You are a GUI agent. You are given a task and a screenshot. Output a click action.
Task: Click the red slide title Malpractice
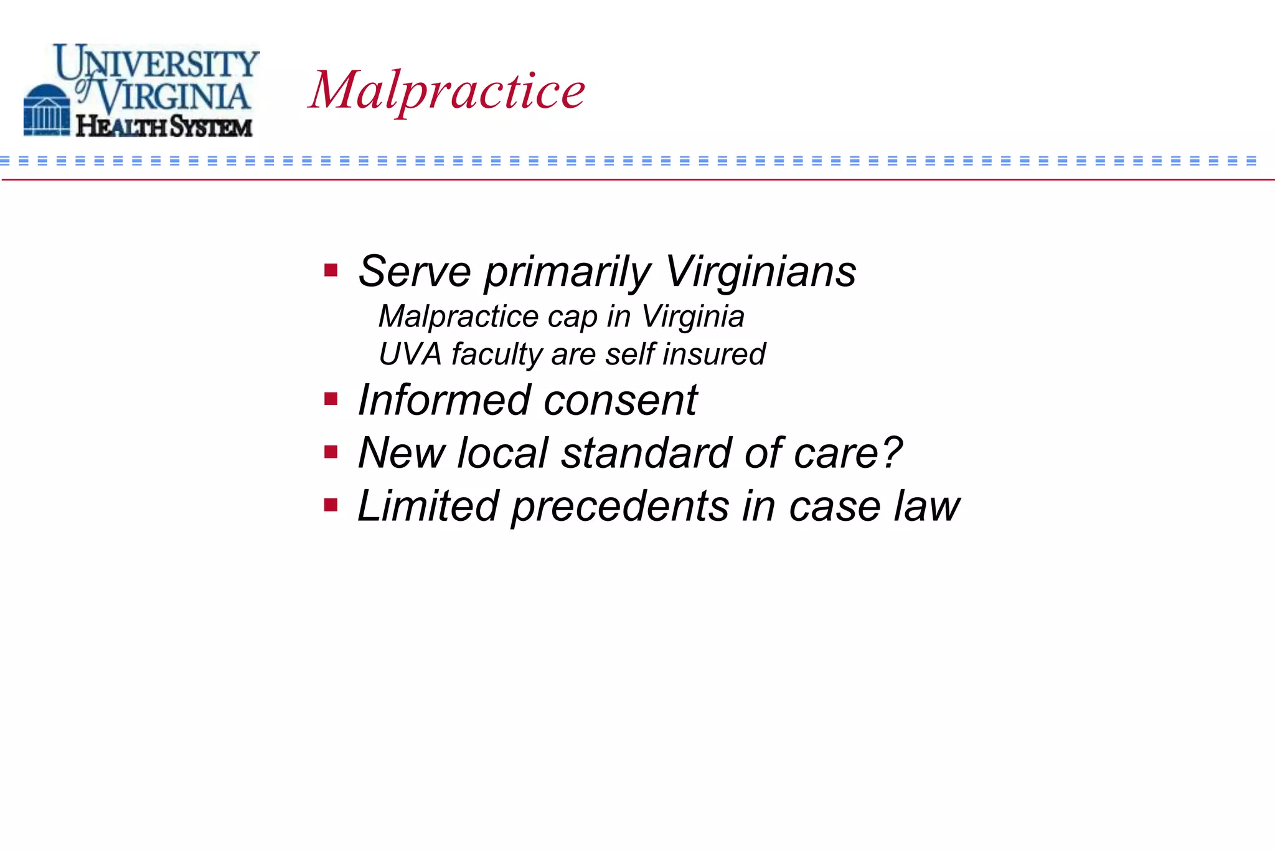[x=447, y=91]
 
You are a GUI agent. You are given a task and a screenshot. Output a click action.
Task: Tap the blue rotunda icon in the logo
[x=47, y=110]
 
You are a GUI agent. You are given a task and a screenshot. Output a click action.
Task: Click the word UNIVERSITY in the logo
[x=157, y=62]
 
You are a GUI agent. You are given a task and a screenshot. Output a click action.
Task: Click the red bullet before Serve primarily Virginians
[x=331, y=270]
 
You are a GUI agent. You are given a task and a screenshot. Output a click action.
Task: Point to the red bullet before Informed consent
[x=331, y=399]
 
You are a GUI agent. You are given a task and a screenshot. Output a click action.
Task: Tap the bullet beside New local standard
[x=331, y=452]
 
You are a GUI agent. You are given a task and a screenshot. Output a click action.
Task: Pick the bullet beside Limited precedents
[x=331, y=505]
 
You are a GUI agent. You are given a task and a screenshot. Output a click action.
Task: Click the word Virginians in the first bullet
[x=760, y=272]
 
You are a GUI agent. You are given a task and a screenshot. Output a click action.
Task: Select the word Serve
[x=414, y=272]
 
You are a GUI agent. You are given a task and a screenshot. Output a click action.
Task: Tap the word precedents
[x=619, y=506]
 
